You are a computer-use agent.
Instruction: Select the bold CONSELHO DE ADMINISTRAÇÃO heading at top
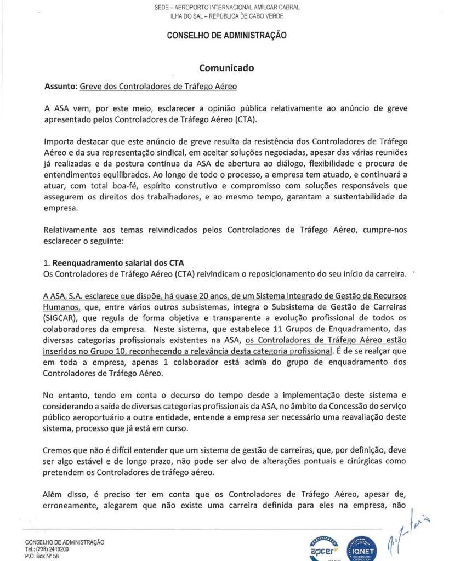(226, 35)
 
